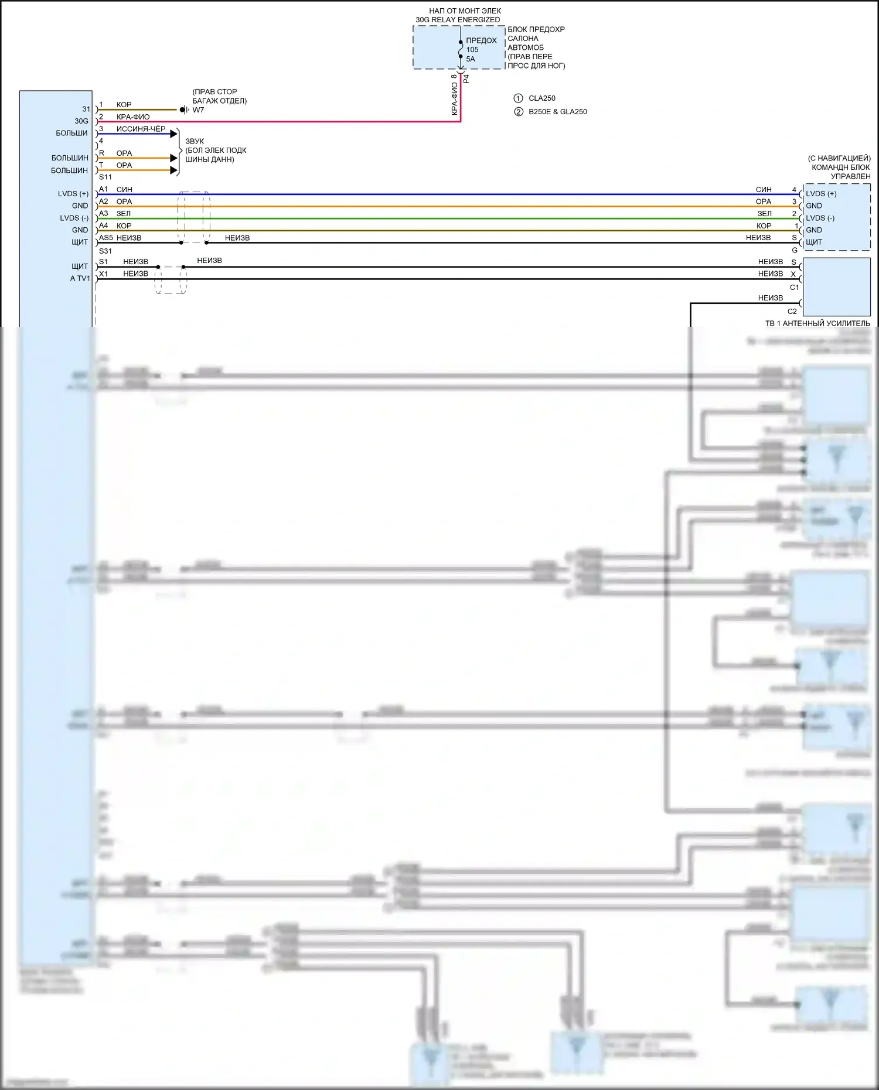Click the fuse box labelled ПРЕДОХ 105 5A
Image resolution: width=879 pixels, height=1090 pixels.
tap(459, 47)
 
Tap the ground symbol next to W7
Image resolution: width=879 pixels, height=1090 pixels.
tap(183, 110)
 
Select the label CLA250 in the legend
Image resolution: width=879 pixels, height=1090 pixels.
tap(541, 98)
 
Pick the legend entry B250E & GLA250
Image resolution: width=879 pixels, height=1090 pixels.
tap(557, 112)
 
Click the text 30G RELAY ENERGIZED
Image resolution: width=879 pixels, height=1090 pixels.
tap(458, 20)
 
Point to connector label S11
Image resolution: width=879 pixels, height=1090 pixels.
tap(105, 177)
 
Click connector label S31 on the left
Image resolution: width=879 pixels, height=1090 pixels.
tap(105, 251)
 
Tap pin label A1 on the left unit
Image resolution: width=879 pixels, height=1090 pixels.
tap(104, 189)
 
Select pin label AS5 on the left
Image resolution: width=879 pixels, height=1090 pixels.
tap(105, 238)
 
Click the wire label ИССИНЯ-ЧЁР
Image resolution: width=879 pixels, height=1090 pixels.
tap(141, 129)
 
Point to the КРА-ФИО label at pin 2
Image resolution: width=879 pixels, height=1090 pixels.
tap(133, 117)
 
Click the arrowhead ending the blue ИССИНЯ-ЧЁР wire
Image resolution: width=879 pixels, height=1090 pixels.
tap(174, 134)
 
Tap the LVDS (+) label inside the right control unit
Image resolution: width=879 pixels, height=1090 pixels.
tap(821, 194)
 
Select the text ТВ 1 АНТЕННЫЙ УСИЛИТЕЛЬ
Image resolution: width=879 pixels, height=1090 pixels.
tap(817, 323)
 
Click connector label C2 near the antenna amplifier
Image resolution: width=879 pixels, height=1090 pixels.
tap(792, 312)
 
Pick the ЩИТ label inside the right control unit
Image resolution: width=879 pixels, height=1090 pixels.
tap(814, 242)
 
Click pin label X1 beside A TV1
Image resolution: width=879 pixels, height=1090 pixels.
tap(104, 274)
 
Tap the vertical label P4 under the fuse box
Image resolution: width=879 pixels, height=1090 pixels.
tap(466, 78)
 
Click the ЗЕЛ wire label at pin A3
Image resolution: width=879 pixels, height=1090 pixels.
tap(124, 214)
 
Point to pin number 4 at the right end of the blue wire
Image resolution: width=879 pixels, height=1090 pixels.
tap(795, 190)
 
